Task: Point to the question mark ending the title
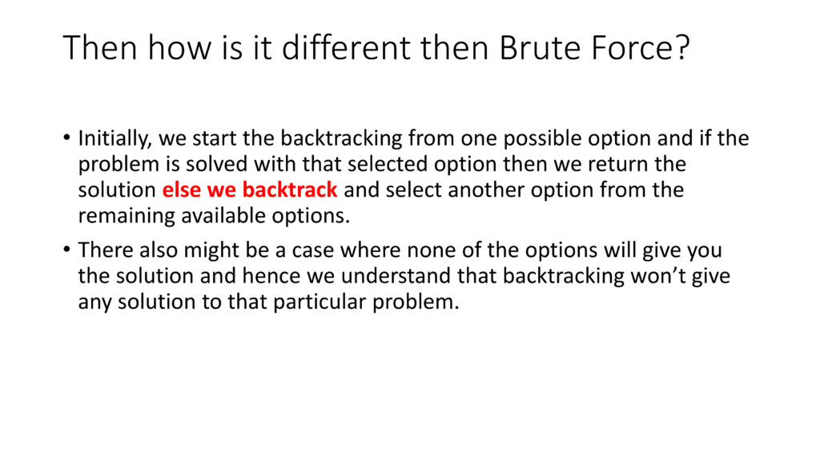pyautogui.click(x=682, y=47)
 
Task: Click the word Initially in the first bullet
pyautogui.click(x=115, y=139)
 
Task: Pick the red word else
pyautogui.click(x=182, y=189)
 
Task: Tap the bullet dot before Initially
pyautogui.click(x=66, y=138)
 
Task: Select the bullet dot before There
pyautogui.click(x=66, y=250)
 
